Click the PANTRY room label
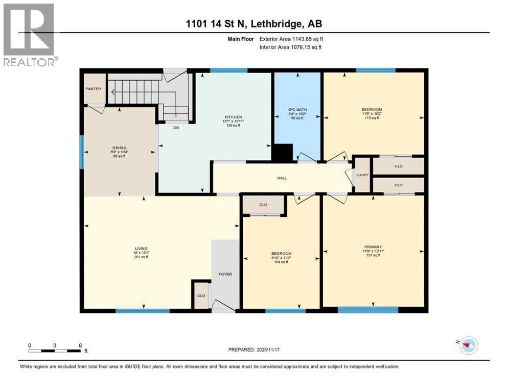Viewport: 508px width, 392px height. pos(94,89)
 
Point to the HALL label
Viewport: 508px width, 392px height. pos(282,178)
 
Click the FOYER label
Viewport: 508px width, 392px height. pos(225,274)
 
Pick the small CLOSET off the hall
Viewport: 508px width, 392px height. pos(362,175)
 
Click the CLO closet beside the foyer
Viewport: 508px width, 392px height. pos(201,296)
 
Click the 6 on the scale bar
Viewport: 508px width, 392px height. pos(80,345)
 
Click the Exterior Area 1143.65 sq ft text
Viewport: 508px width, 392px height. pos(291,38)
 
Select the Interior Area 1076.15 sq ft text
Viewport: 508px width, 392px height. pos(291,47)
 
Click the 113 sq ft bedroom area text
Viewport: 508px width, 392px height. pos(372,118)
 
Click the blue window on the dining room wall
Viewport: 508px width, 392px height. pos(81,152)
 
